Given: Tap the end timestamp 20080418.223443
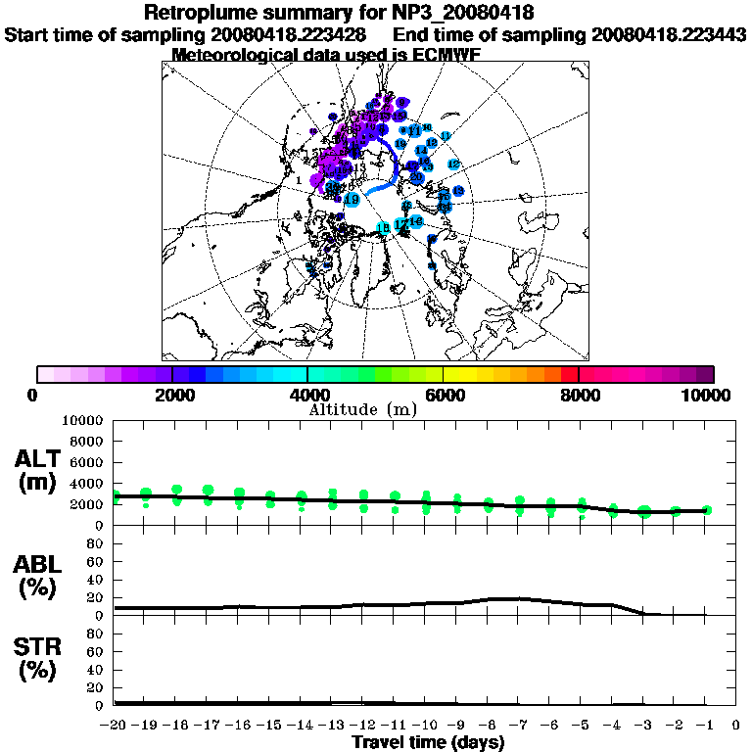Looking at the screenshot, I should tap(670, 34).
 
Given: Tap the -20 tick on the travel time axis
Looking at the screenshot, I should tap(115, 725).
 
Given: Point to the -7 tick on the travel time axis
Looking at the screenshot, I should tap(519, 725).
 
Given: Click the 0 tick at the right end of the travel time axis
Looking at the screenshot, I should tap(736, 725).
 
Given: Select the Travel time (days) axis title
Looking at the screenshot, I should tap(428, 742).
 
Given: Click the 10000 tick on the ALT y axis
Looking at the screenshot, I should tap(84, 421).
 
